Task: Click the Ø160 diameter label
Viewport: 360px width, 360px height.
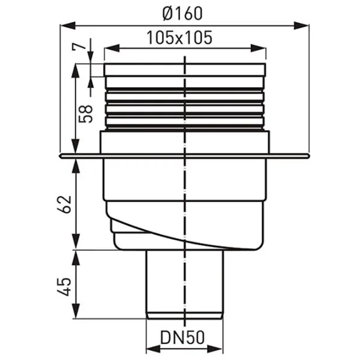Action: click(182, 13)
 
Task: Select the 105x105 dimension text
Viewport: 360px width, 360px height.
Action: click(179, 38)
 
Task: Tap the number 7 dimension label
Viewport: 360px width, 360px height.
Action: click(79, 47)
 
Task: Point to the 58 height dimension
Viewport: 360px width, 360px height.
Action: click(85, 114)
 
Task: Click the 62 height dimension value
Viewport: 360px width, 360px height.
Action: click(64, 205)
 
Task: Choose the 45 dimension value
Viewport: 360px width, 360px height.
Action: click(64, 287)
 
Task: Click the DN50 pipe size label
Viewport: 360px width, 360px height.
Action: click(182, 338)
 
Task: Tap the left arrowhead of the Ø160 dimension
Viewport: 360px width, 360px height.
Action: click(68, 25)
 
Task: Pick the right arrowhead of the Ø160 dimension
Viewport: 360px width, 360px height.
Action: click(301, 25)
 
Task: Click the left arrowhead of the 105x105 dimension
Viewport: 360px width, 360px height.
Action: click(112, 49)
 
